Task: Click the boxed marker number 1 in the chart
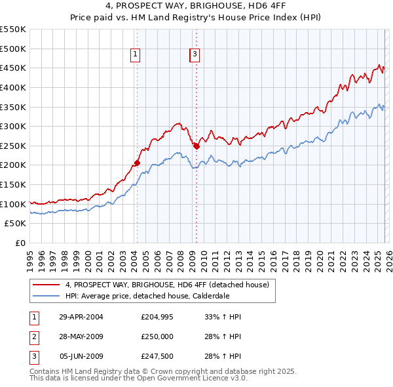tap(135, 55)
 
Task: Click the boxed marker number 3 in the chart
tap(195, 55)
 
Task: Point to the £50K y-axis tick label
tap(15, 224)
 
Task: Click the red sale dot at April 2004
tap(137, 163)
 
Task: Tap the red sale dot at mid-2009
tap(196, 146)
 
